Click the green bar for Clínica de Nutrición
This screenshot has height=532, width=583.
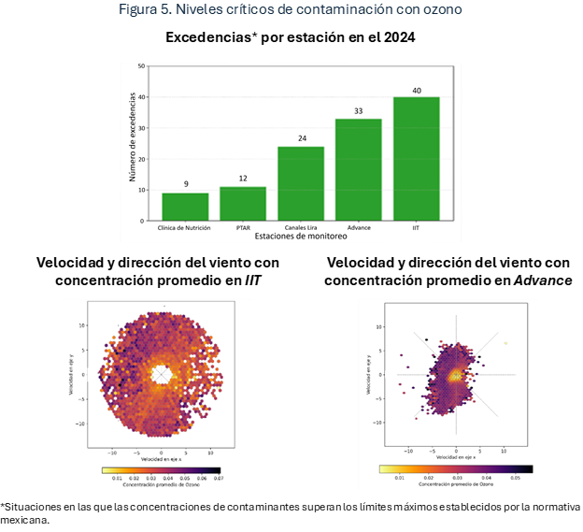pos(185,207)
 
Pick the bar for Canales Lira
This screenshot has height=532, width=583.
pos(301,183)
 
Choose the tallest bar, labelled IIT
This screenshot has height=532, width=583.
pos(416,159)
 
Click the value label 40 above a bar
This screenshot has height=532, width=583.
pos(416,91)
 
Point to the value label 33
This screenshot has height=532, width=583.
pos(358,112)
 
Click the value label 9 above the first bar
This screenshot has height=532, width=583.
pos(185,185)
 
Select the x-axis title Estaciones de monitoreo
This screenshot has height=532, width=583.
pos(300,237)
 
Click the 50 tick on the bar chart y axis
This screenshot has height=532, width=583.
pos(141,66)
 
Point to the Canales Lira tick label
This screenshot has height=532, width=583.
pos(301,227)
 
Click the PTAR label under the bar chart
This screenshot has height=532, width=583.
pos(243,227)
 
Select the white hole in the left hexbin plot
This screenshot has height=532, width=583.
pos(164,373)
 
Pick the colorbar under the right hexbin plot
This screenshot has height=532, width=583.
pos(456,469)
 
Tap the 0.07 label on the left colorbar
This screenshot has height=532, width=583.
pos(220,478)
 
